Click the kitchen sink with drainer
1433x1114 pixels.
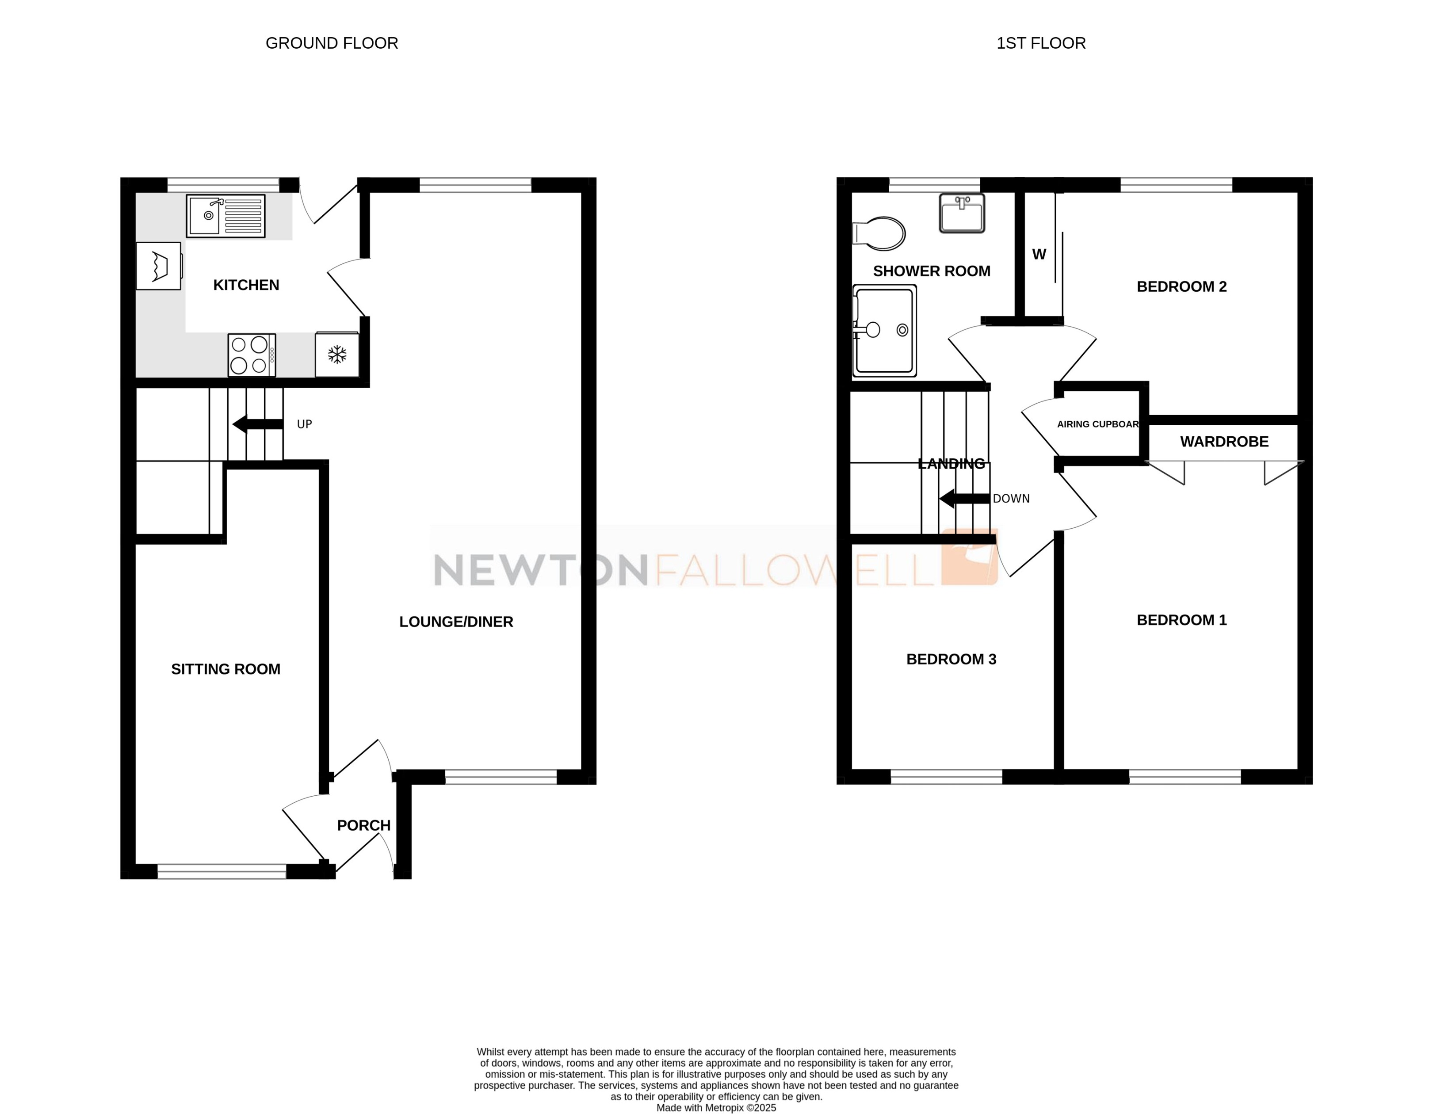(x=225, y=215)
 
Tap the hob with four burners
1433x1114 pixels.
(x=251, y=355)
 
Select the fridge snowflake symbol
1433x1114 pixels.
(x=336, y=355)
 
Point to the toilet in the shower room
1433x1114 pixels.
(x=880, y=233)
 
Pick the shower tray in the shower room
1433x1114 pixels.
(x=884, y=330)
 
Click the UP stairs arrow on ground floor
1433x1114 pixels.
(x=258, y=424)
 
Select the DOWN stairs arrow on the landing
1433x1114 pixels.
(x=964, y=499)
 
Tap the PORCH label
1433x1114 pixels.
(x=363, y=825)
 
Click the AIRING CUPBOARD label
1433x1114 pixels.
(x=1097, y=424)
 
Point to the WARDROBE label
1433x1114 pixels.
(x=1224, y=442)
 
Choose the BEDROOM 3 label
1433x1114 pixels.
(x=951, y=660)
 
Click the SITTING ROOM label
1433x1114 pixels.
(x=225, y=669)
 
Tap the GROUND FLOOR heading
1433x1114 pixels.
(x=331, y=43)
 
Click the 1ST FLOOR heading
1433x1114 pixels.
(x=1041, y=43)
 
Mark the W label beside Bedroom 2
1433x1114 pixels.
(x=1039, y=255)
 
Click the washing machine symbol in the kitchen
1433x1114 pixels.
(x=158, y=266)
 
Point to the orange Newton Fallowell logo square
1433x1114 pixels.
(x=970, y=557)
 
